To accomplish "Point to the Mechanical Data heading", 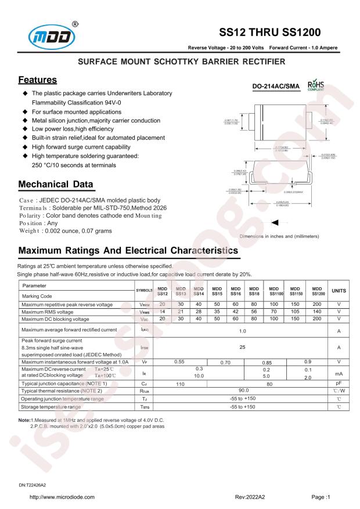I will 56,185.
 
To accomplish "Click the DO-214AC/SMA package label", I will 276,86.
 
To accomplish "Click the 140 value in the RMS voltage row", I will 316,312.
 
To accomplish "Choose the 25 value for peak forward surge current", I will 242,347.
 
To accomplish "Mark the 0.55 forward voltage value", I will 179,362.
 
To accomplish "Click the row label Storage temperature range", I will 55,407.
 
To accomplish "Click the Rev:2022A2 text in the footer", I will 250,497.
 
